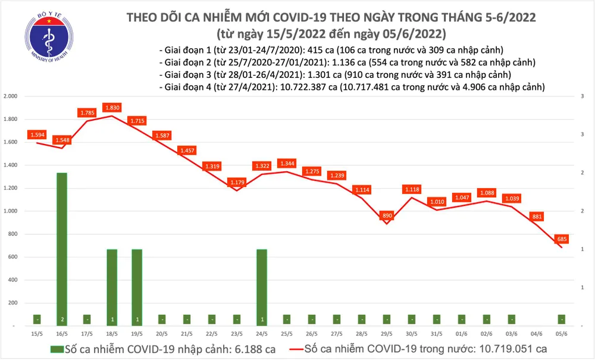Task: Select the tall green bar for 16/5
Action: pyautogui.click(x=61, y=249)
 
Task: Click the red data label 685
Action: pyautogui.click(x=561, y=239)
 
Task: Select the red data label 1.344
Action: pyautogui.click(x=287, y=164)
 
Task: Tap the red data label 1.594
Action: pyautogui.click(x=37, y=136)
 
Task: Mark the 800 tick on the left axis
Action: pyautogui.click(x=14, y=234)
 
